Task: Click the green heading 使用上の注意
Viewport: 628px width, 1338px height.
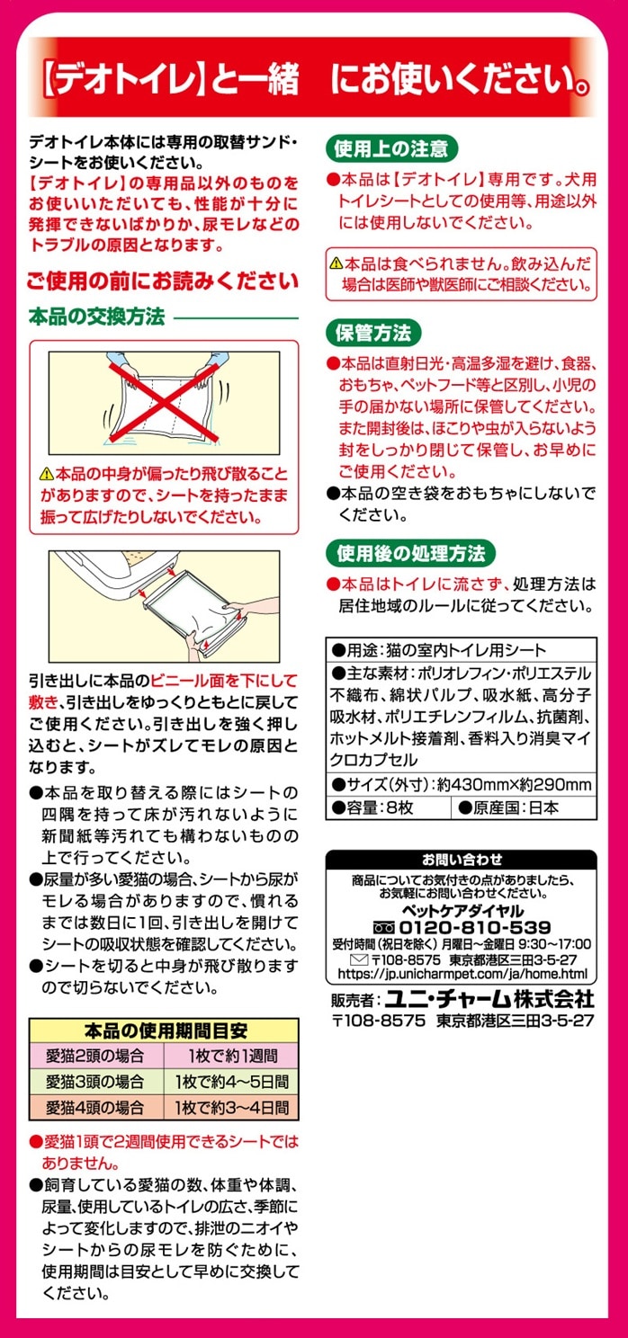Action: point(392,148)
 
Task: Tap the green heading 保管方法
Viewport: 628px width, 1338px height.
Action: point(373,333)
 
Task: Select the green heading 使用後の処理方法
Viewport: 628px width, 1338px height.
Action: point(411,553)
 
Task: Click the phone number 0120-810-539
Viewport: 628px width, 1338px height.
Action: point(474,927)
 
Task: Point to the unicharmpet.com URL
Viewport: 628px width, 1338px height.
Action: point(462,974)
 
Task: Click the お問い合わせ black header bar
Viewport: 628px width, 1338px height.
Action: point(462,860)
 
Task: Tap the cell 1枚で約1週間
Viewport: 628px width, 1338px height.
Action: point(232,1056)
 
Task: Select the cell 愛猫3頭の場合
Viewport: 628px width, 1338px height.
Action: point(96,1081)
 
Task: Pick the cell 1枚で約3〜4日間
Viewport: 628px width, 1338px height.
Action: point(232,1108)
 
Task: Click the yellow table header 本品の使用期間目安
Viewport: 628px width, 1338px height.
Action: point(165,1030)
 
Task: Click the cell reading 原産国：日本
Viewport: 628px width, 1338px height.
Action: point(524,807)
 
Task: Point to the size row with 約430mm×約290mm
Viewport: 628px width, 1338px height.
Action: point(462,784)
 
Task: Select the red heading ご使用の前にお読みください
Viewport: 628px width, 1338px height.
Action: point(163,281)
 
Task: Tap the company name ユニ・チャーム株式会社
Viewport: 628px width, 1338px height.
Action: point(489,998)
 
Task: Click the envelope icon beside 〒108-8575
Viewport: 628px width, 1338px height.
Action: point(358,960)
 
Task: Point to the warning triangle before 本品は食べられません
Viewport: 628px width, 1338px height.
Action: point(336,263)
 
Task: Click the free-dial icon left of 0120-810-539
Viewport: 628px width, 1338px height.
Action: point(383,928)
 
